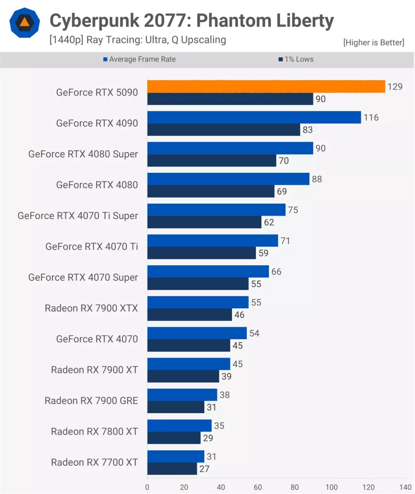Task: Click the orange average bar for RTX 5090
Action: click(x=266, y=86)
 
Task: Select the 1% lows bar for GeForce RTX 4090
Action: click(x=223, y=130)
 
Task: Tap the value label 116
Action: click(x=371, y=117)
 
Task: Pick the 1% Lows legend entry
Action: click(x=296, y=59)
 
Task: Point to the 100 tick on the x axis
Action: click(x=332, y=487)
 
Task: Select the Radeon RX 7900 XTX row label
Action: click(x=91, y=308)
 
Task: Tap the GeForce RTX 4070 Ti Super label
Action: click(x=78, y=216)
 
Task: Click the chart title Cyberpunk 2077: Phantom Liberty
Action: click(x=191, y=21)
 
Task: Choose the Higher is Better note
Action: click(x=373, y=43)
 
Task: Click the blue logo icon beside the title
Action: click(x=24, y=23)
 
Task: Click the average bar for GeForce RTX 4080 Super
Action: click(x=230, y=148)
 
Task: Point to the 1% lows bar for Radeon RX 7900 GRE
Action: click(x=175, y=407)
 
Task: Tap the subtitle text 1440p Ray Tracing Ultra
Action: click(x=137, y=40)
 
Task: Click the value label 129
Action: click(x=395, y=86)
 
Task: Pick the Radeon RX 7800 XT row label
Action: click(x=94, y=431)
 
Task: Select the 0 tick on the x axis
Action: click(x=147, y=487)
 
